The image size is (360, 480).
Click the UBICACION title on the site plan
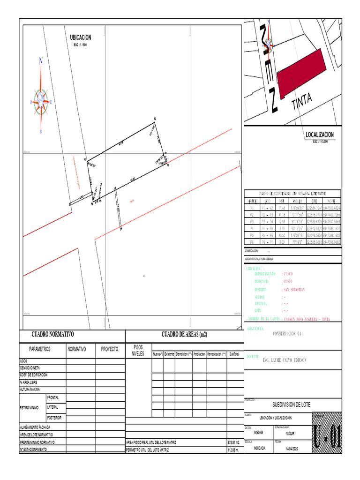click(80, 37)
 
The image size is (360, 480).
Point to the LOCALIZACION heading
click(320, 135)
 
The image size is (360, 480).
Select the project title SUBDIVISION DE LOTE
click(291, 405)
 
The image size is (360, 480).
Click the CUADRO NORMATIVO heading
click(52, 335)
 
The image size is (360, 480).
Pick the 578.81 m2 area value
click(233, 442)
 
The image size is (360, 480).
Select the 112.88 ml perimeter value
click(233, 450)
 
